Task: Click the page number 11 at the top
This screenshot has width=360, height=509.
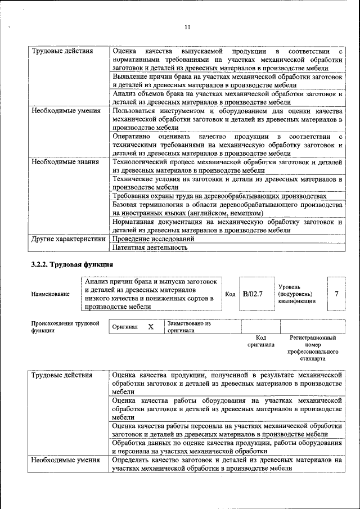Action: (x=187, y=27)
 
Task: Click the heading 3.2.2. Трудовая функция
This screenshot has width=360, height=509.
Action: (x=73, y=264)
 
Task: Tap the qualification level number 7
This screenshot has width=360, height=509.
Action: (x=336, y=294)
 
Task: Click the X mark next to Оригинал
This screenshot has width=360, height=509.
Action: (x=151, y=327)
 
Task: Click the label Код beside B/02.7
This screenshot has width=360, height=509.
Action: (x=230, y=294)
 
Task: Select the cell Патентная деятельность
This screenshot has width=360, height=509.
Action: (x=150, y=247)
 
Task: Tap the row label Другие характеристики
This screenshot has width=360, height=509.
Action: (x=68, y=238)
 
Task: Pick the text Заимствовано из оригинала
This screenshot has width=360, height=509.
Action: (x=188, y=327)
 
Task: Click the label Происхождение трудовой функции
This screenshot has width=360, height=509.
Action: (x=65, y=327)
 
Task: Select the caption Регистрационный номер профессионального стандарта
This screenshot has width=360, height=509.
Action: (x=313, y=348)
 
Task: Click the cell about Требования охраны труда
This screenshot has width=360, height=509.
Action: (x=219, y=196)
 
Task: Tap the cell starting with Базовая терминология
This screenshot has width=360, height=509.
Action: (x=227, y=209)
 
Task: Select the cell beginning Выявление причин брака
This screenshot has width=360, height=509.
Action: (x=227, y=80)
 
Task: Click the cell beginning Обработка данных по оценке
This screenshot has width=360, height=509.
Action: (x=227, y=447)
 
